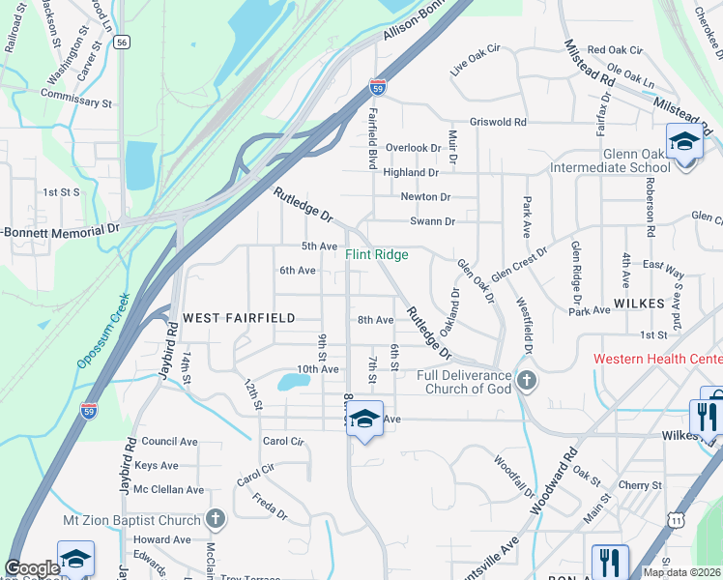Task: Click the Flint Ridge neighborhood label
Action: [377, 254]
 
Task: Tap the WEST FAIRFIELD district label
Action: [224, 317]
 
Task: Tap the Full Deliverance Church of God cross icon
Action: [526, 380]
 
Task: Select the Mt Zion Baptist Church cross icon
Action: [216, 518]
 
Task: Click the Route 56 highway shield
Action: [121, 43]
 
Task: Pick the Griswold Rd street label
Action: [498, 123]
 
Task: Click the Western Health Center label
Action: [657, 359]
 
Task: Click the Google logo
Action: [32, 568]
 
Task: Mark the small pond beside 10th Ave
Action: [293, 382]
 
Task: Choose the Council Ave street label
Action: [169, 441]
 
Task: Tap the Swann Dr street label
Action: [431, 221]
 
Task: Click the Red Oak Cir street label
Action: [615, 49]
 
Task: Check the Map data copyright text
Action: [682, 572]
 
